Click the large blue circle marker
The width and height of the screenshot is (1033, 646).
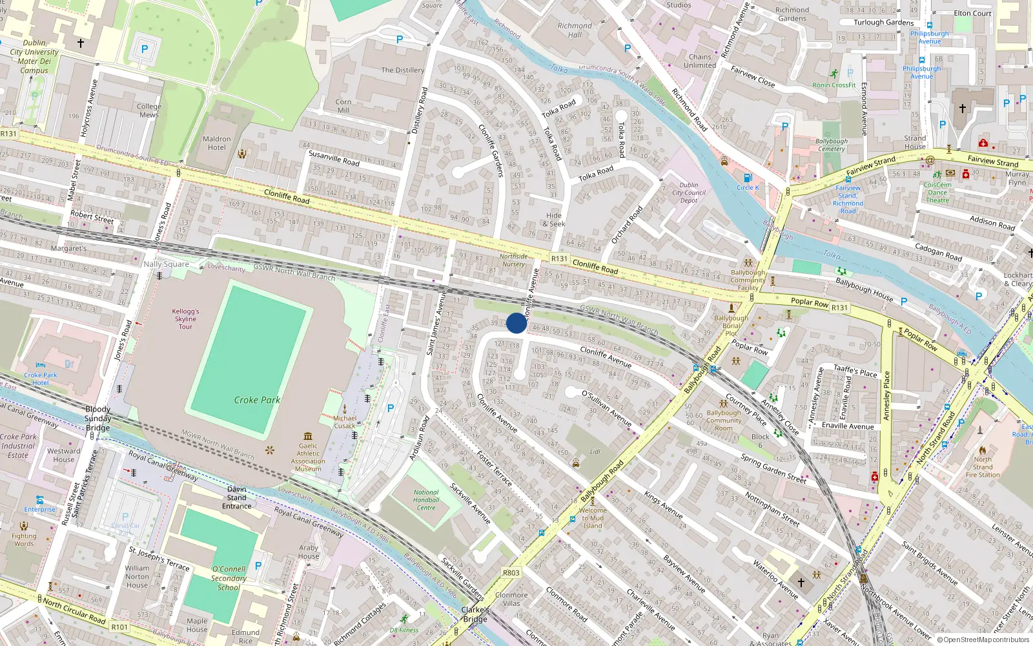pyautogui.click(x=516, y=323)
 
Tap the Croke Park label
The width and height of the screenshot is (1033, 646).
pyautogui.click(x=257, y=400)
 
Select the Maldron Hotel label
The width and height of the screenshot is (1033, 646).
pyautogui.click(x=217, y=143)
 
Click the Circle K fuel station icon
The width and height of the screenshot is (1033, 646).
pyautogui.click(x=748, y=178)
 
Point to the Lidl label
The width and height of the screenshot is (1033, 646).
pyautogui.click(x=595, y=452)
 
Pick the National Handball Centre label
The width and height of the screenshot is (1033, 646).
pyautogui.click(x=426, y=500)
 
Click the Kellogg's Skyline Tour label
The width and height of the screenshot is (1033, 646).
pyautogui.click(x=185, y=319)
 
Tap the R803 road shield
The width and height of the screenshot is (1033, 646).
pyautogui.click(x=511, y=573)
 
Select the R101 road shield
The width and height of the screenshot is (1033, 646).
pyautogui.click(x=119, y=627)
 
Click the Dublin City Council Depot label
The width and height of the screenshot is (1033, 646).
pyautogui.click(x=689, y=193)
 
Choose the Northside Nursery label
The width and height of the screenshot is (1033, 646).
pyautogui.click(x=513, y=260)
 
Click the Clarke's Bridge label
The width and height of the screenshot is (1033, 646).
pyautogui.click(x=475, y=614)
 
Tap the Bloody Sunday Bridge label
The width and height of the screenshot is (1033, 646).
pyautogui.click(x=98, y=419)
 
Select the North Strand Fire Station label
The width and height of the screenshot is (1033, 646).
pyautogui.click(x=983, y=467)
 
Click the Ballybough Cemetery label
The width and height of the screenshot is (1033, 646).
pyautogui.click(x=832, y=145)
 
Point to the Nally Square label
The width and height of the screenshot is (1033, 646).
pyautogui.click(x=166, y=264)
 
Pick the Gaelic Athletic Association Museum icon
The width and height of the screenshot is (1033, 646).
pyautogui.click(x=308, y=436)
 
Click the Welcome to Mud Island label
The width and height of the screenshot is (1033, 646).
pyautogui.click(x=593, y=518)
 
